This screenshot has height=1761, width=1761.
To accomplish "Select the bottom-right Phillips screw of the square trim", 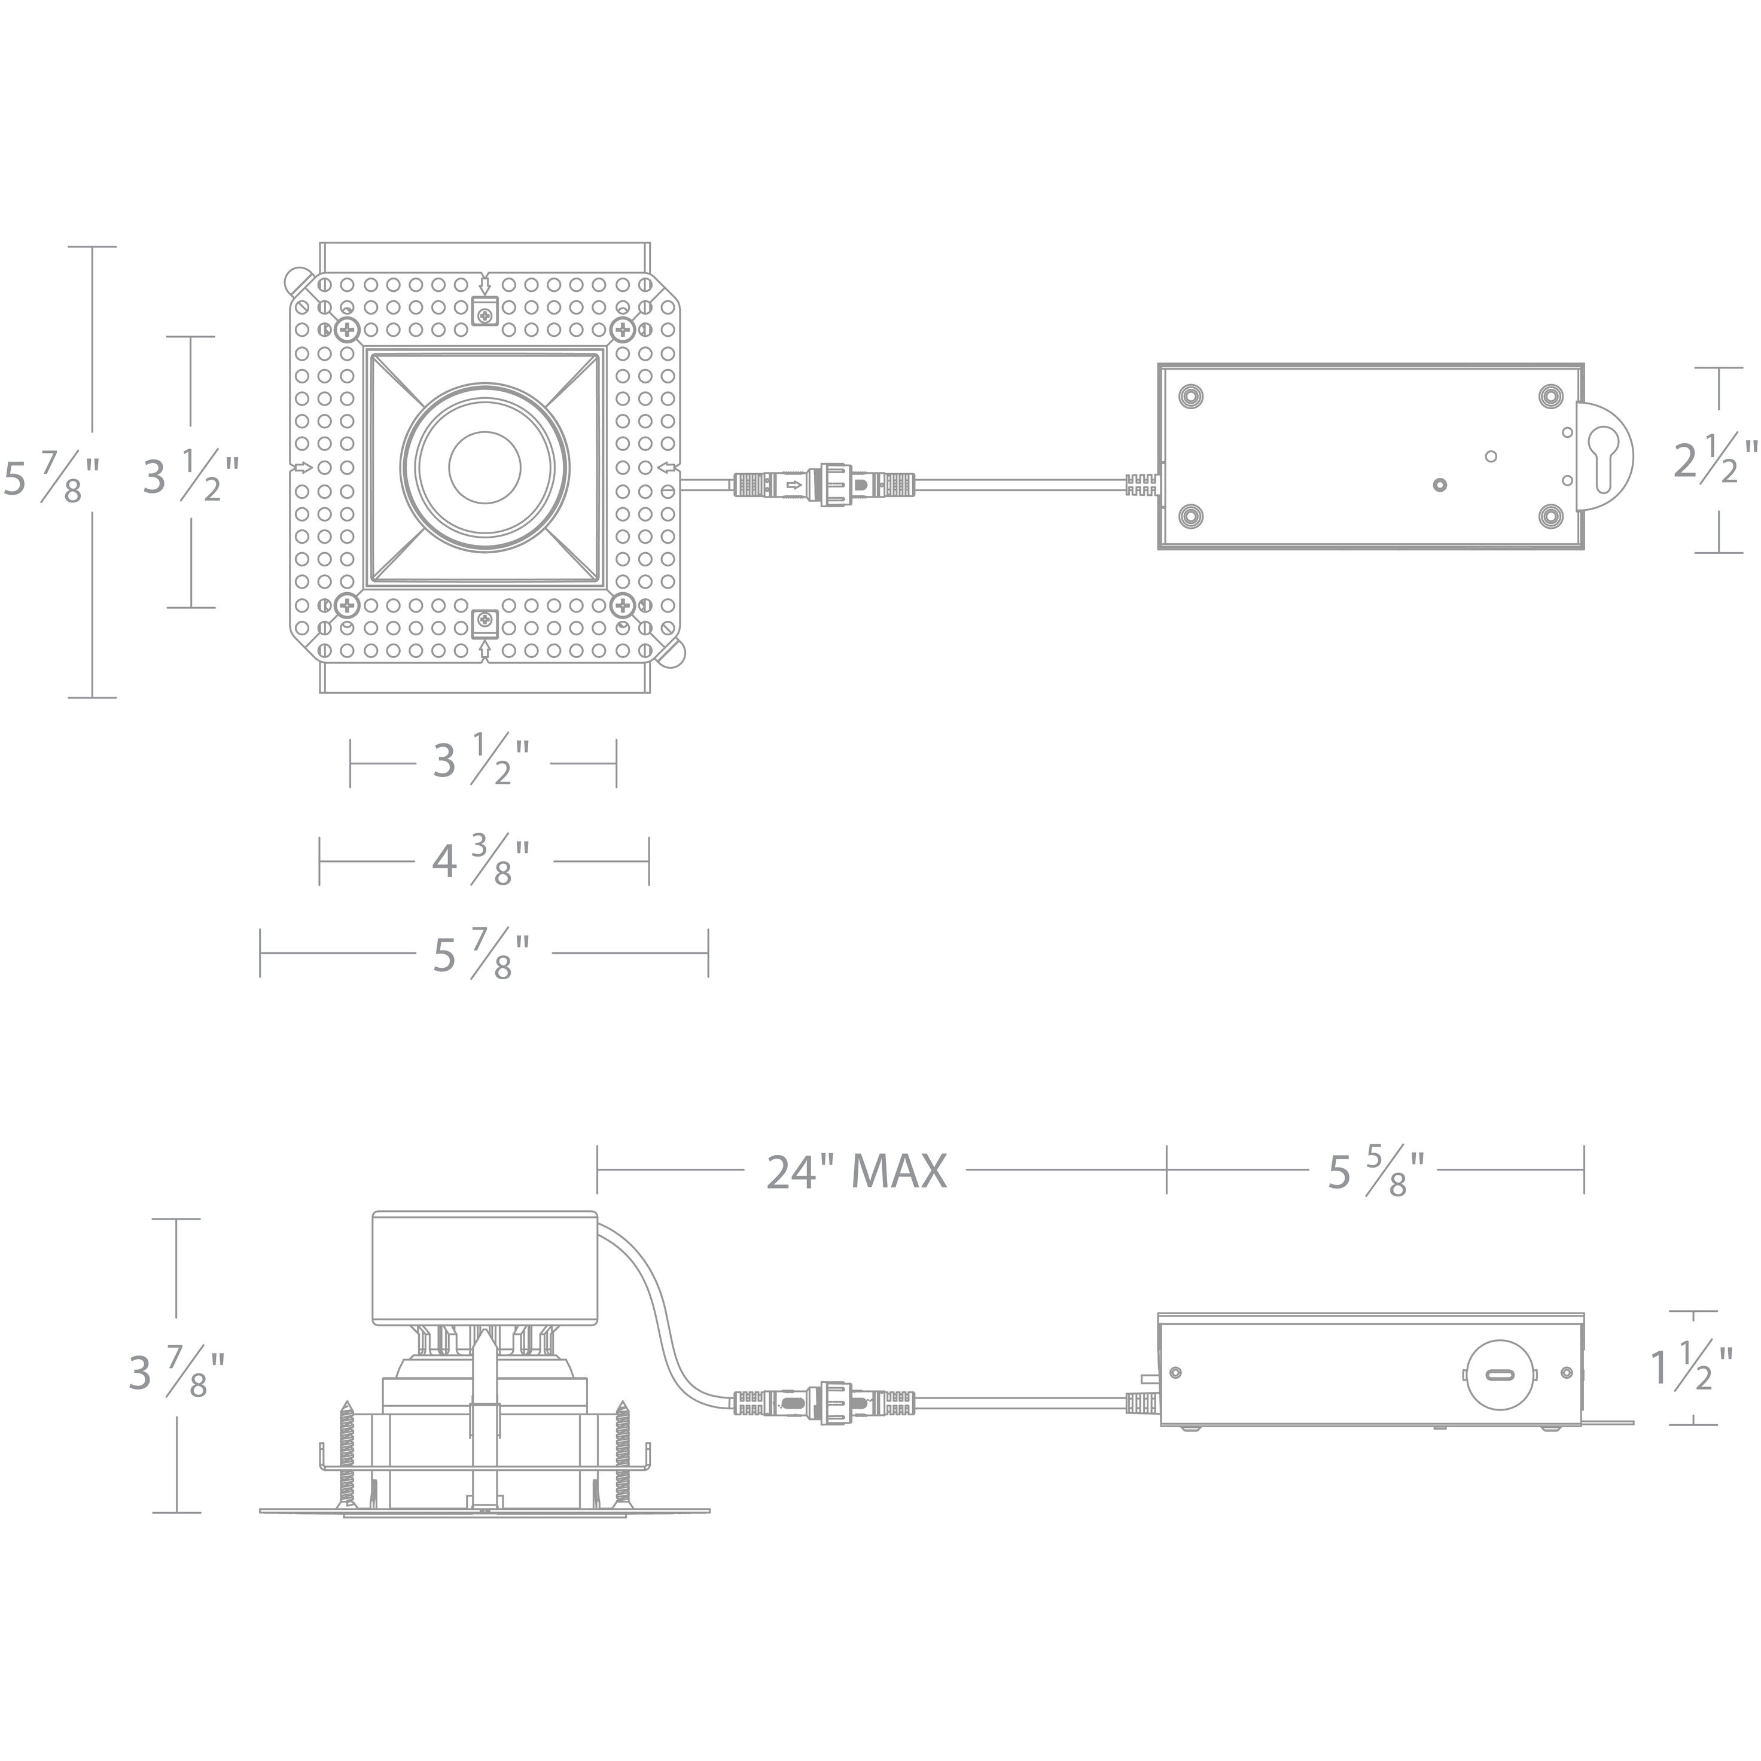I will [x=623, y=604].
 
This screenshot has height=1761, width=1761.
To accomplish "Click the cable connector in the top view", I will [x=825, y=485].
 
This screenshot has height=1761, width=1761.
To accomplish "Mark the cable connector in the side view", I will [x=825, y=1403].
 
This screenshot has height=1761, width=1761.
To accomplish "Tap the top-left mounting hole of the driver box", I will [x=1190, y=397].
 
